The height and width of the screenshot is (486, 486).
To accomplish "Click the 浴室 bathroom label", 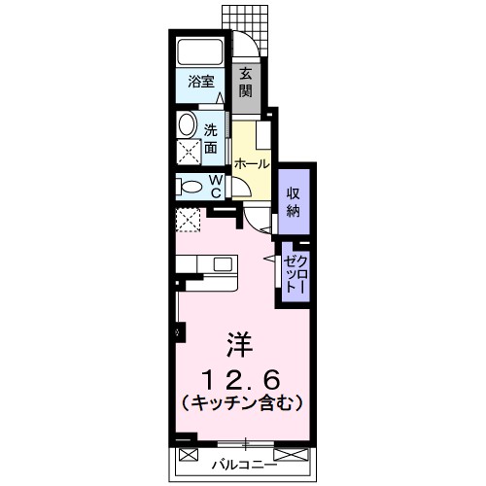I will tap(200, 84).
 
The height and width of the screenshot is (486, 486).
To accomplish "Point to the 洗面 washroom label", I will tap(211, 137).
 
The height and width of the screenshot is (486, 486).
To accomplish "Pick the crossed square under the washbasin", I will tap(187, 150).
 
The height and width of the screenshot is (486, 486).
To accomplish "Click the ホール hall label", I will tap(251, 164).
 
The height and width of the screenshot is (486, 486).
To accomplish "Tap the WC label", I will tap(216, 186).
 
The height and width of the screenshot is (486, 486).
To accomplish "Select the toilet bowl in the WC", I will tap(191, 186).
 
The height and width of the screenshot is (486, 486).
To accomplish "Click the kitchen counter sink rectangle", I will tap(223, 263).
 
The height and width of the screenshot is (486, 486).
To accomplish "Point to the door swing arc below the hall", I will tap(257, 221).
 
